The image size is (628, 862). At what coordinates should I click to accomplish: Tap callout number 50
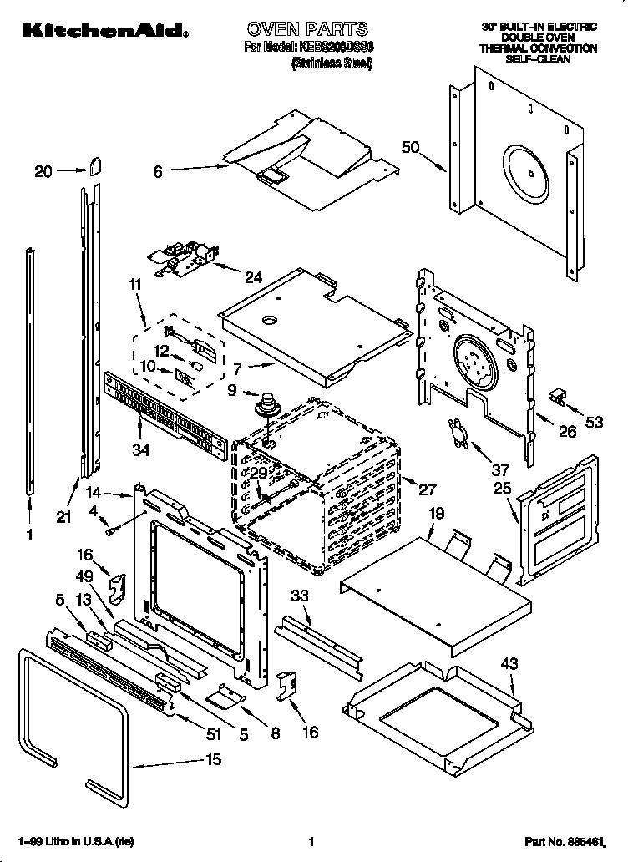point(410,148)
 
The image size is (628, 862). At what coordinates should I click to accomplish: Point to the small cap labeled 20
point(94,166)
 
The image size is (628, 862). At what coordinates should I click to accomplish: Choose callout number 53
point(594,423)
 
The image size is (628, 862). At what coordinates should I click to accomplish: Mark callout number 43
point(509,664)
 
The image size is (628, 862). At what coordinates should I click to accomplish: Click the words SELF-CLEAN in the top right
point(549,61)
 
